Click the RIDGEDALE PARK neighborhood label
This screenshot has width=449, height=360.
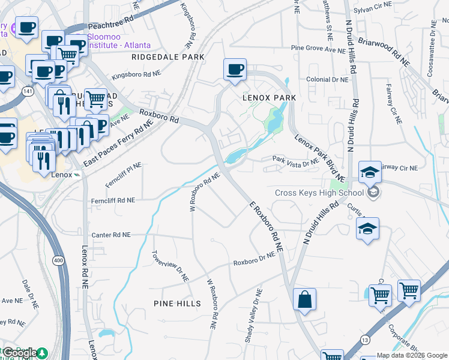tap(168, 57)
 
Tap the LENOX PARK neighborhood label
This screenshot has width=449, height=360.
tap(270, 97)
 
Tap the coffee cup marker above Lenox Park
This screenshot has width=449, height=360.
tap(235, 69)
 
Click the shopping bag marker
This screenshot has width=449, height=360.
tap(304, 299)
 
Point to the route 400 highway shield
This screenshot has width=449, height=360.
tap(58, 260)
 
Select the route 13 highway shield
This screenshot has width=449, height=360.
tap(364, 340)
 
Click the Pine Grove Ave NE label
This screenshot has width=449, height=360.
tap(316, 47)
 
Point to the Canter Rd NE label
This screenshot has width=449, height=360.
tap(110, 235)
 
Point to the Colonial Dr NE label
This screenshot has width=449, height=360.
tap(327, 79)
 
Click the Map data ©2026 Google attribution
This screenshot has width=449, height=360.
tap(412, 356)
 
